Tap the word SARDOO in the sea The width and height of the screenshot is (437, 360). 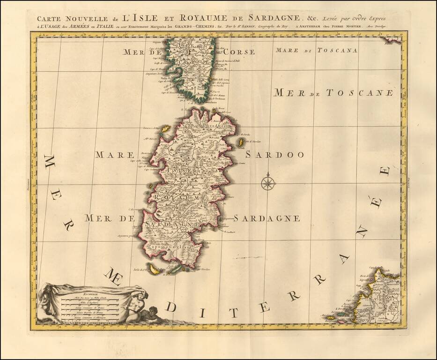click(274, 155)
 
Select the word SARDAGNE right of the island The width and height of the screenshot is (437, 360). click(267, 218)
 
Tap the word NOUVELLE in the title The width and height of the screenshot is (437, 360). click(74, 19)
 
